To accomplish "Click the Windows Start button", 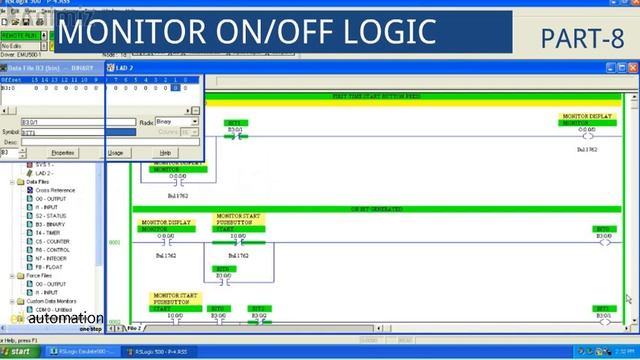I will coord(17,352).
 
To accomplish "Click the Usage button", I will coord(116,152).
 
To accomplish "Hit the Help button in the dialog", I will coord(166,152).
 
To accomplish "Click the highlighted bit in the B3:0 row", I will coord(175,87).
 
